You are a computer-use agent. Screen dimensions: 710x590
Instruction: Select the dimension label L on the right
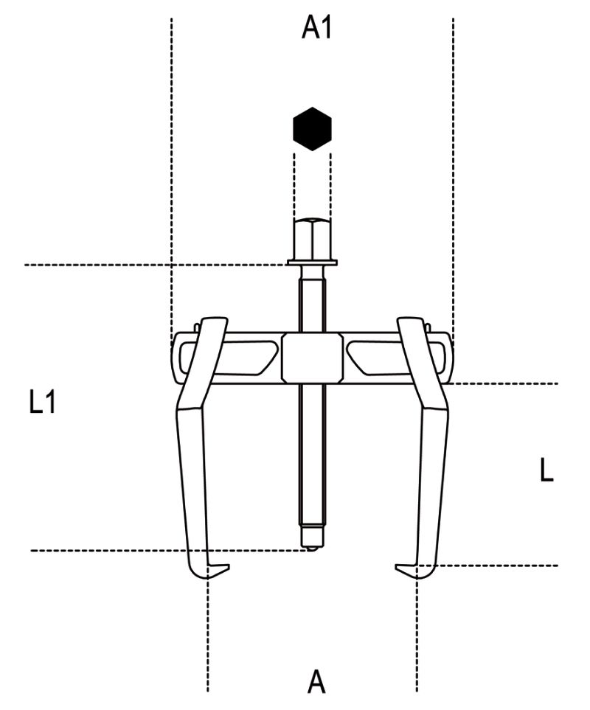tap(546, 470)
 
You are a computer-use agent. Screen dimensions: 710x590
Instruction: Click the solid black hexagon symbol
tap(312, 129)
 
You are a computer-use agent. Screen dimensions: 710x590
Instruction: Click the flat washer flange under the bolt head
tap(312, 262)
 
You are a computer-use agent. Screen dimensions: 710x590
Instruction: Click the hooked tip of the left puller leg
tap(218, 569)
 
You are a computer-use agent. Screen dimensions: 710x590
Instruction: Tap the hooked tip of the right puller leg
tap(406, 570)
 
